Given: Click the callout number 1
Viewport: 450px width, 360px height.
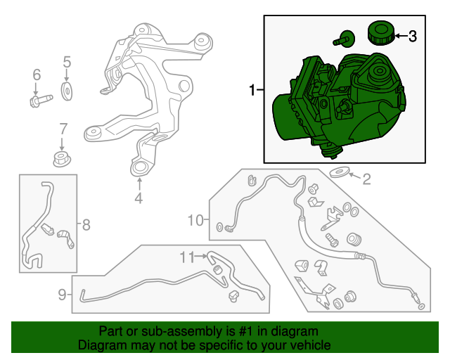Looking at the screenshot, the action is (x=252, y=90).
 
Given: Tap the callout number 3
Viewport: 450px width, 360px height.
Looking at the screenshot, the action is (x=412, y=36).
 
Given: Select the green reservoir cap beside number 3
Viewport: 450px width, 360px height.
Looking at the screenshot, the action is (x=381, y=32).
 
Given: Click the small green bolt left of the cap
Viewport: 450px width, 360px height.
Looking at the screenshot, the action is (x=344, y=39).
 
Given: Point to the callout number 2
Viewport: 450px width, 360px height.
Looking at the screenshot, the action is (x=366, y=179).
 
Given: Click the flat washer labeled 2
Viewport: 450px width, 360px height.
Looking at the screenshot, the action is (x=339, y=173).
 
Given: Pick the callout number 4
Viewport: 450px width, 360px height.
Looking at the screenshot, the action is (x=139, y=198).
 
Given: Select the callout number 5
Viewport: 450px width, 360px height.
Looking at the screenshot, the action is (x=67, y=62).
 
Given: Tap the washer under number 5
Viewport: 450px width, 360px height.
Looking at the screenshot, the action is (x=67, y=91).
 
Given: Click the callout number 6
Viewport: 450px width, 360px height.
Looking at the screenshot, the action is (x=37, y=75).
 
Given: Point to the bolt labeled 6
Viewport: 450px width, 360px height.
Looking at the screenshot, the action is (x=41, y=101).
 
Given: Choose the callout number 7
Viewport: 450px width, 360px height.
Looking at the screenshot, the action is (x=63, y=129).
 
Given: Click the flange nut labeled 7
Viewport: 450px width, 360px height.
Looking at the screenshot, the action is (x=62, y=160).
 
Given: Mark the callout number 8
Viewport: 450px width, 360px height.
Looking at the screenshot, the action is (x=86, y=224).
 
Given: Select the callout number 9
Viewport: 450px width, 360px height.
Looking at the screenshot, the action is (x=62, y=295).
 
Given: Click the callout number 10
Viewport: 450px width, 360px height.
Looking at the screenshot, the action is (x=195, y=221).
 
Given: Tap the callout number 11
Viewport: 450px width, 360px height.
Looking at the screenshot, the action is (x=187, y=257).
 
